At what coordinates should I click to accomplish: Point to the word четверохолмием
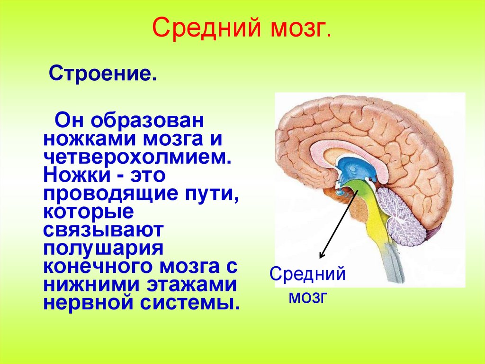[137, 156]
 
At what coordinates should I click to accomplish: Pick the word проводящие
[107, 194]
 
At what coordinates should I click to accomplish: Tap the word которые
[88, 211]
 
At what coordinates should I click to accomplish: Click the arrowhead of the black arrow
[321, 256]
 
